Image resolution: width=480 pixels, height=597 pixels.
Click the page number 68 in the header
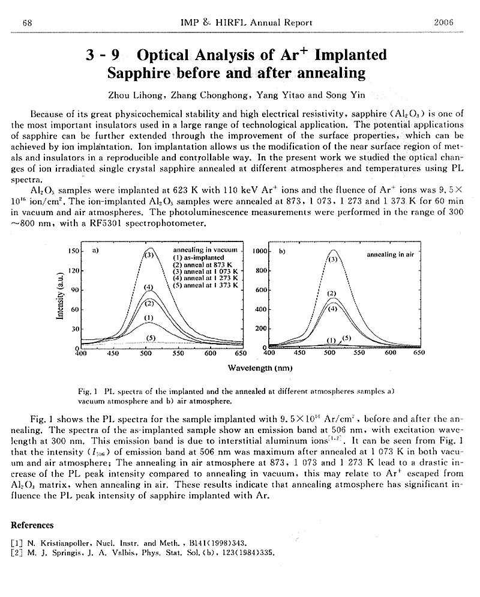click(27, 23)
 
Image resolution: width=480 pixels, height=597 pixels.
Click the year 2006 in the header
click(443, 23)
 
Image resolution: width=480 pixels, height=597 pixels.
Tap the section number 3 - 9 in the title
click(103, 56)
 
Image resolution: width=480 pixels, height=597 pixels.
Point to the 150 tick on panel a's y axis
click(74, 250)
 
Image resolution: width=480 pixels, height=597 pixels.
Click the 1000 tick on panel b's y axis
click(259, 250)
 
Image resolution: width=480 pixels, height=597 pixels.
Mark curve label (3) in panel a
click(149, 255)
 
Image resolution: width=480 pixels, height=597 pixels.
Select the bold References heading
click(32, 525)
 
